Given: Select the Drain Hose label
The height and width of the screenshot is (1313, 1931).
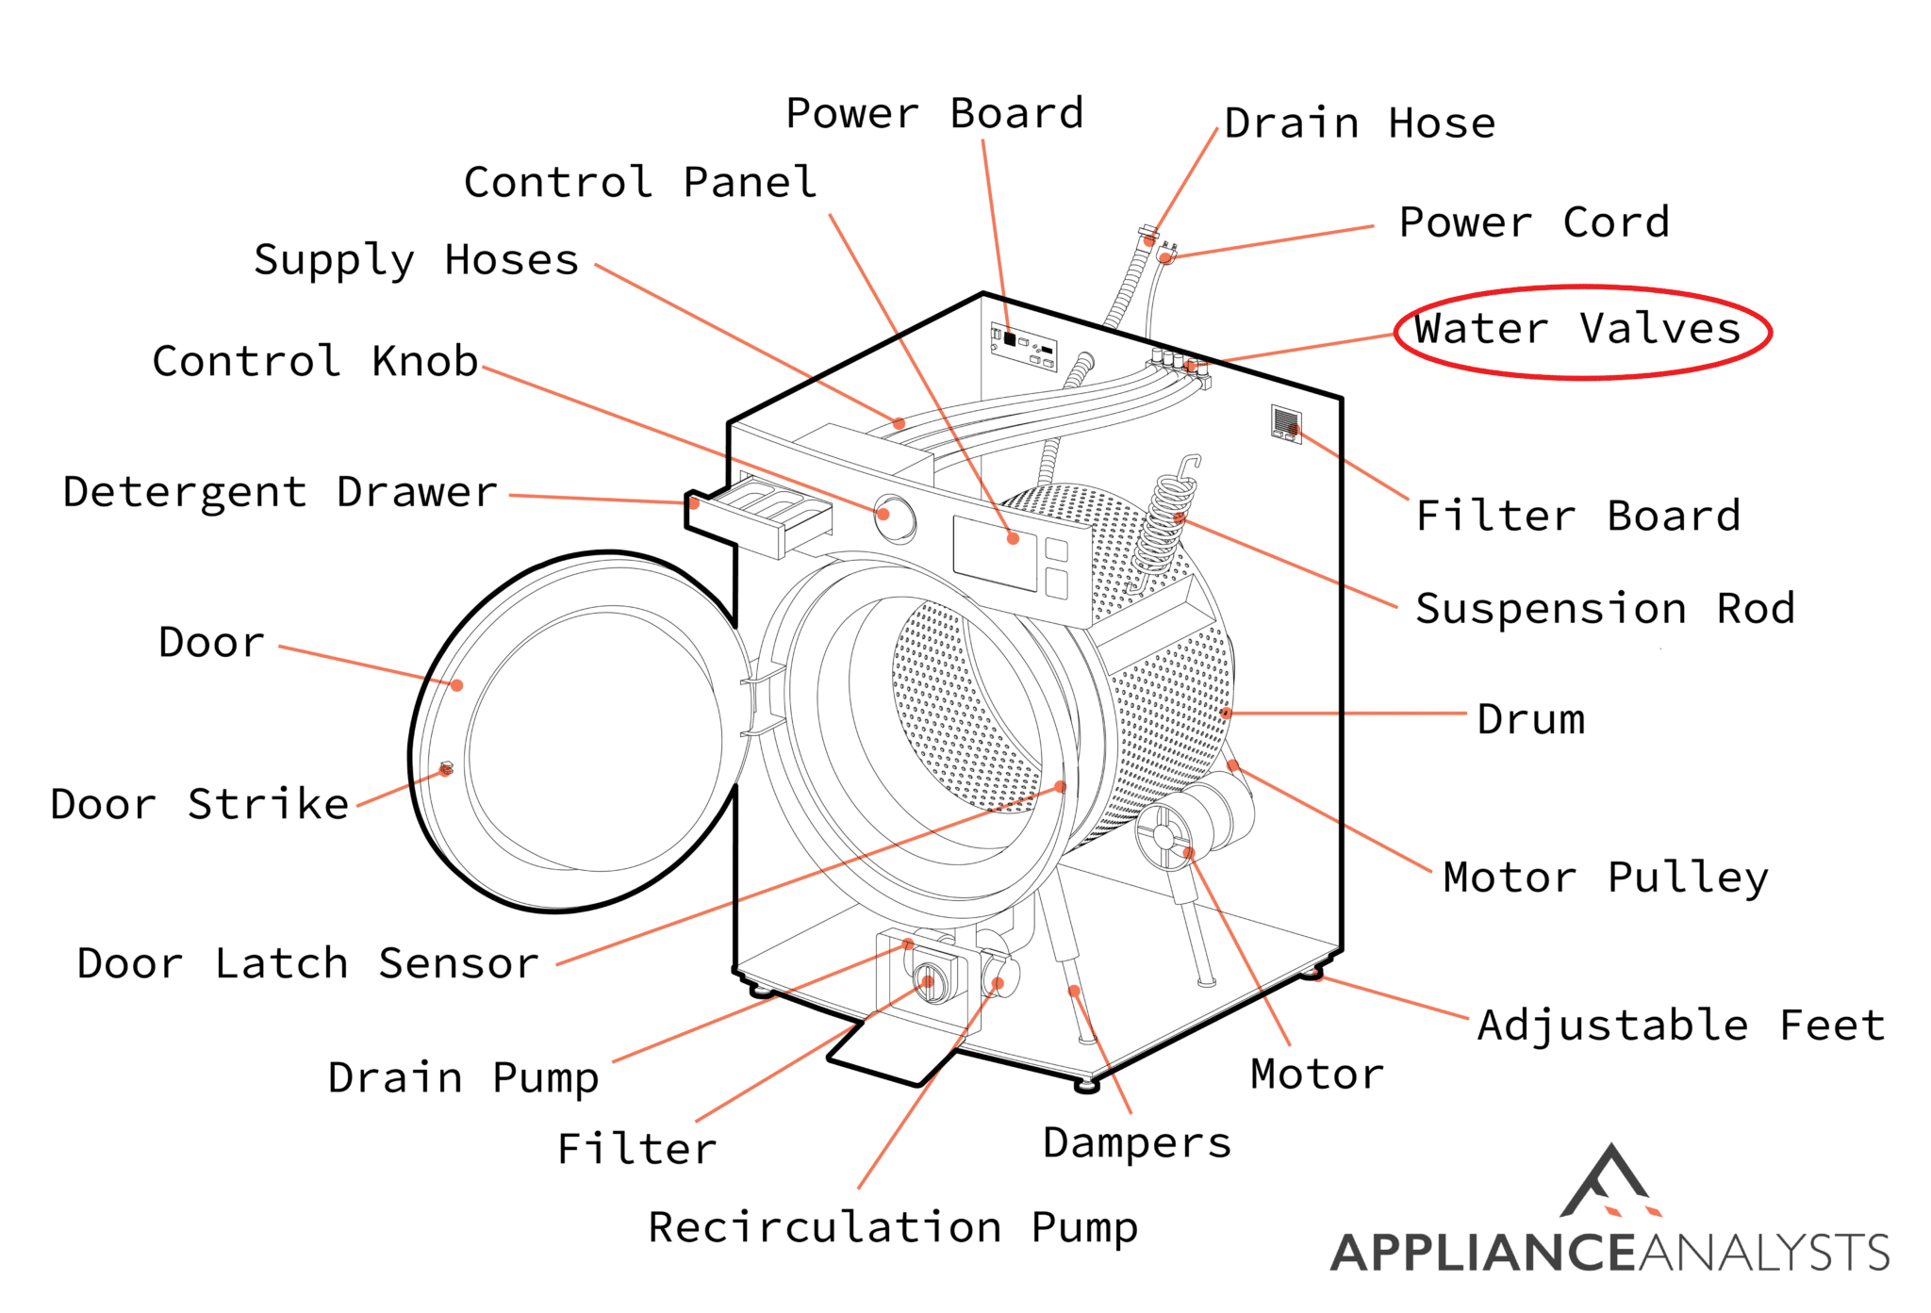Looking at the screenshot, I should [x=1359, y=124].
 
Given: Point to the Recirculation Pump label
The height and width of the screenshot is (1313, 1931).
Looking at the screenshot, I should [x=892, y=1227].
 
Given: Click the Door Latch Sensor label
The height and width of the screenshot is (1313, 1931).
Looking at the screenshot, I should [x=307, y=963].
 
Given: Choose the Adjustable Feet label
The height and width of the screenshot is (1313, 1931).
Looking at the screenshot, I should [x=1680, y=1026].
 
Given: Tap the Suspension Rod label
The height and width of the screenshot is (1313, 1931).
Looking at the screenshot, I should [x=1604, y=609].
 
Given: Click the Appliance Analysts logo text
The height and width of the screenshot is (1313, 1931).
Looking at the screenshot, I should [x=1609, y=1253].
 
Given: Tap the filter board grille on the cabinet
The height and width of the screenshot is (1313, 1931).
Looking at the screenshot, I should [x=1285, y=421].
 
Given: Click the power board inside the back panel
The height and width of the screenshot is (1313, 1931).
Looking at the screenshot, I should [x=1023, y=346].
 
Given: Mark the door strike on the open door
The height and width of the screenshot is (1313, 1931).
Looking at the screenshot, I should [x=447, y=769].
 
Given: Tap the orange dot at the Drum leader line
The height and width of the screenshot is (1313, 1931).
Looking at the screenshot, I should [x=1226, y=714].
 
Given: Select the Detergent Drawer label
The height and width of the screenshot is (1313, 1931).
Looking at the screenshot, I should [x=280, y=492].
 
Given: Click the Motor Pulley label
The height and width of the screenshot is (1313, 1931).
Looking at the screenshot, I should [x=1605, y=878].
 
